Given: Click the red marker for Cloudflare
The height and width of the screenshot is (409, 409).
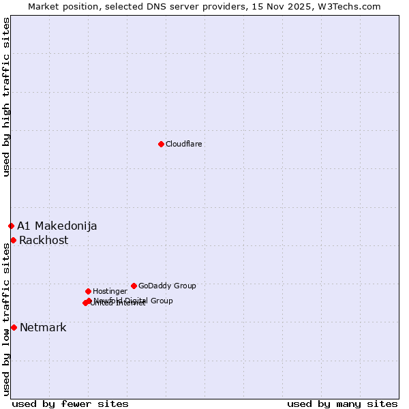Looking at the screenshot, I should [161, 144].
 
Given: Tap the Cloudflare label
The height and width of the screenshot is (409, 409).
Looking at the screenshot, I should [183, 145].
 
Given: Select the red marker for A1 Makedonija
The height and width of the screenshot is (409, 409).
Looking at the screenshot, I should [11, 226].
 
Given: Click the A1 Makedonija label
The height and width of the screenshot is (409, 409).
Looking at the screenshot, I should [57, 226].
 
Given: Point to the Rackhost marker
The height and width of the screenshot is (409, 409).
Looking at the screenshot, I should [13, 240].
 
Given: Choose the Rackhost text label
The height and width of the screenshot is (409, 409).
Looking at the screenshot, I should [44, 241].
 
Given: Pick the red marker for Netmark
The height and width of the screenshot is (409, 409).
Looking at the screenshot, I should [14, 327].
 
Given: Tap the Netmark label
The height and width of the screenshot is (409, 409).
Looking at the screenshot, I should [43, 328].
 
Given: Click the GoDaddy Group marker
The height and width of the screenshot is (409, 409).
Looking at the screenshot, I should [134, 286].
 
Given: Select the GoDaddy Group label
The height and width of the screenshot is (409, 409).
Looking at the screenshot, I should [167, 286].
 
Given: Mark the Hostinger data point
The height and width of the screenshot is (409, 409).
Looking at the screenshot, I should [88, 291].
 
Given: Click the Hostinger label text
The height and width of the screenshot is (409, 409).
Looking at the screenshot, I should [110, 292].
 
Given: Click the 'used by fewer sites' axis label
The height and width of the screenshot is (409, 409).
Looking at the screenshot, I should [70, 404].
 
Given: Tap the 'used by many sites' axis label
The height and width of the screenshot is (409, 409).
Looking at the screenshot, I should [342, 404].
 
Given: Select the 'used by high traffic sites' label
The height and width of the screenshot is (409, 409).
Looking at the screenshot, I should [6, 97].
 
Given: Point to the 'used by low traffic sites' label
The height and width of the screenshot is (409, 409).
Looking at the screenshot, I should [6, 319].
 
